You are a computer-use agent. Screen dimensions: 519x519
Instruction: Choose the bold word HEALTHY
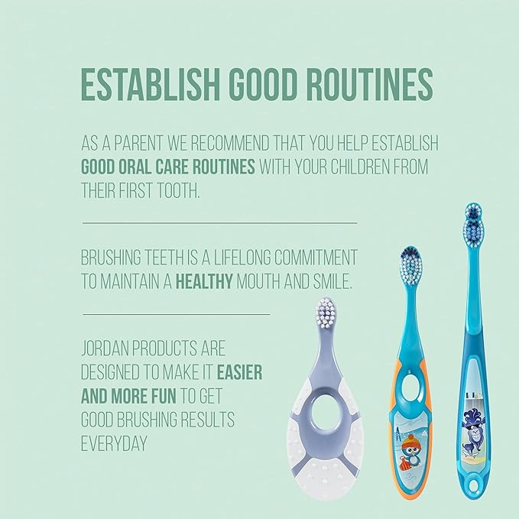pos(204,281)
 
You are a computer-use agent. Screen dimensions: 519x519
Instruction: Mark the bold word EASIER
pos(240,372)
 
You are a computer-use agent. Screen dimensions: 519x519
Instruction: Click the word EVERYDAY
pos(114,443)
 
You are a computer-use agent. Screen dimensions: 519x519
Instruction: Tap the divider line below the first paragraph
pos(219,222)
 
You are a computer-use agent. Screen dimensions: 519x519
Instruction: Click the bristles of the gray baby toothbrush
pos(327,312)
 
